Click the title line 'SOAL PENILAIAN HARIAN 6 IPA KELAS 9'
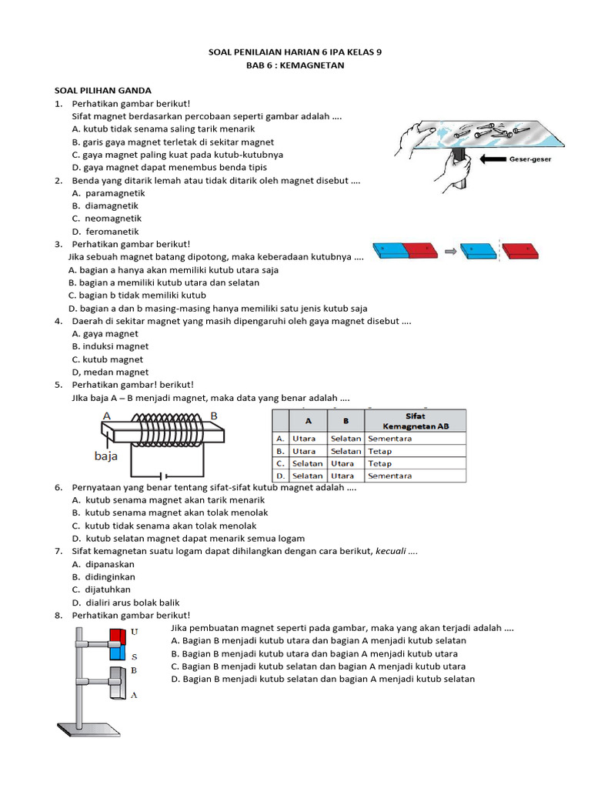click(x=295, y=52)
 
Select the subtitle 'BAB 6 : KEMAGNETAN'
click(x=295, y=65)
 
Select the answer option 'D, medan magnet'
click(x=110, y=372)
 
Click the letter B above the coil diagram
click(x=214, y=416)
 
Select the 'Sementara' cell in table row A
click(x=390, y=439)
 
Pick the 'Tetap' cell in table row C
click(x=380, y=463)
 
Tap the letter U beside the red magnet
click(x=135, y=631)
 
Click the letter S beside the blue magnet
click(x=134, y=656)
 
